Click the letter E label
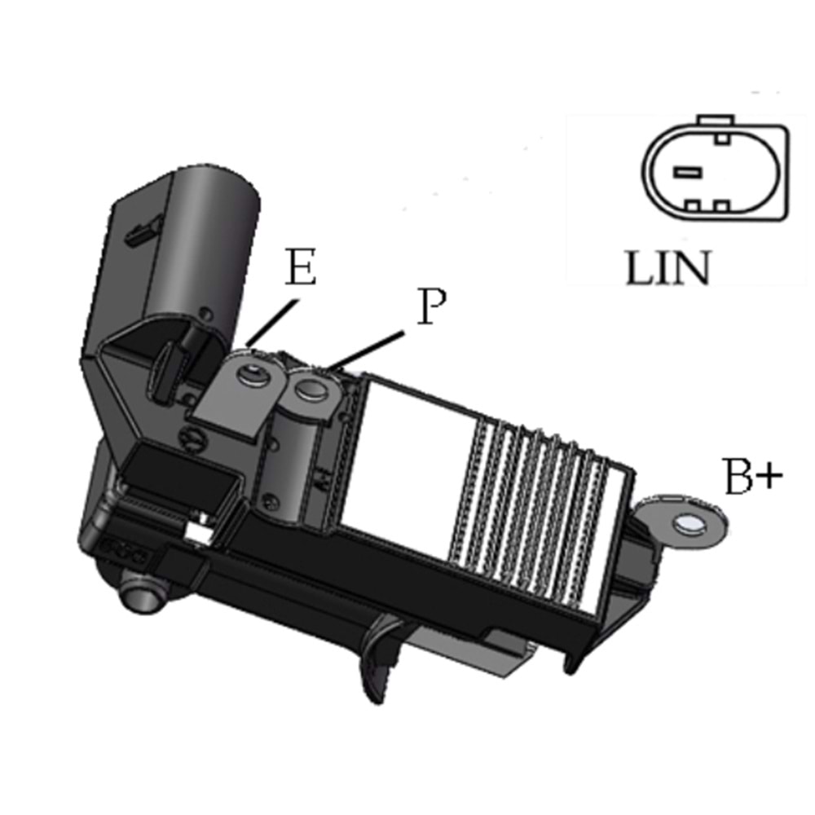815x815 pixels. point(301,267)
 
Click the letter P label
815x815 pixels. point(431,306)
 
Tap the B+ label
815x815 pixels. point(753,476)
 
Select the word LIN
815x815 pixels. point(667,267)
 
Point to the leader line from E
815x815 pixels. point(274,322)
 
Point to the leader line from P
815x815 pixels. point(365,350)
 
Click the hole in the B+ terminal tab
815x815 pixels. point(689,524)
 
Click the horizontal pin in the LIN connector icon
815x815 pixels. point(687,172)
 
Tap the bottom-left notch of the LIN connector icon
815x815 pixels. point(691,205)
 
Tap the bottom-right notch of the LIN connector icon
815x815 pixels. point(721,205)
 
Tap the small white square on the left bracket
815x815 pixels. point(198,531)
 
